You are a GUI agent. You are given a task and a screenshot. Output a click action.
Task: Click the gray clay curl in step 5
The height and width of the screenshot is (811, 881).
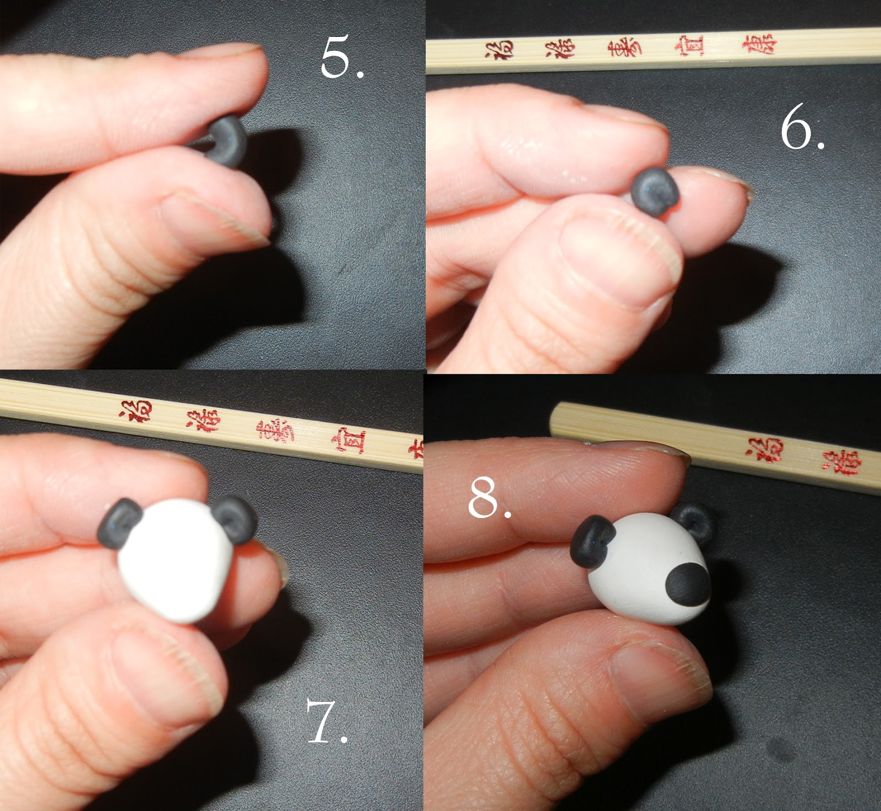pyautogui.click(x=228, y=140)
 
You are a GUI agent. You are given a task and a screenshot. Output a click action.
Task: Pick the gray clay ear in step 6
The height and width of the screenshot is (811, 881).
pyautogui.click(x=655, y=189)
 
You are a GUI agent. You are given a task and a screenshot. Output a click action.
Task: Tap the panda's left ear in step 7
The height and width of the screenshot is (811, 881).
pyautogui.click(x=119, y=523)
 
